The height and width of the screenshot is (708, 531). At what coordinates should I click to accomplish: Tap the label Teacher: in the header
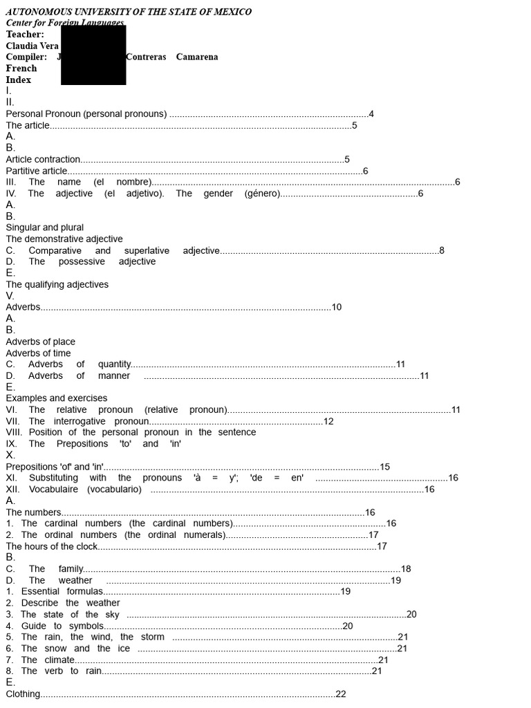tap(25, 35)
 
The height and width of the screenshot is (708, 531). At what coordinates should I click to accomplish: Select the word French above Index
tap(21, 68)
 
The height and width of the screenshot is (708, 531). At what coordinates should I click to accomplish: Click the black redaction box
tap(93, 55)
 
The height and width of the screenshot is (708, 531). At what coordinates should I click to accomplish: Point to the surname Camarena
tap(197, 57)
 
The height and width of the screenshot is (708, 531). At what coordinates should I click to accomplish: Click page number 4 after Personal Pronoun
tap(371, 114)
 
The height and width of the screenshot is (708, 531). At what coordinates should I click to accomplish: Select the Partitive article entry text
tap(37, 171)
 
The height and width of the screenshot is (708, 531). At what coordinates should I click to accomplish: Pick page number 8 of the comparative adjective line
tap(442, 250)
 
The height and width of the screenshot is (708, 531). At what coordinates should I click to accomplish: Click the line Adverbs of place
tap(41, 342)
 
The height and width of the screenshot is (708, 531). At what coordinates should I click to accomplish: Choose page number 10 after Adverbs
tap(337, 307)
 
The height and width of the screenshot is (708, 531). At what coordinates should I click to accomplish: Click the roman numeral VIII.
tap(14, 432)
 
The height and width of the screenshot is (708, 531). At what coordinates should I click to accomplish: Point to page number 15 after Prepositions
tap(385, 467)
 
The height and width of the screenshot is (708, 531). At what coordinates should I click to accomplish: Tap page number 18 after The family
tap(406, 569)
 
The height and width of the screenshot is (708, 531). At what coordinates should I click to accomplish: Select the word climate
tap(59, 660)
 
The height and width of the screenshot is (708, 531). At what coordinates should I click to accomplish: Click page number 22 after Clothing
tap(341, 694)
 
